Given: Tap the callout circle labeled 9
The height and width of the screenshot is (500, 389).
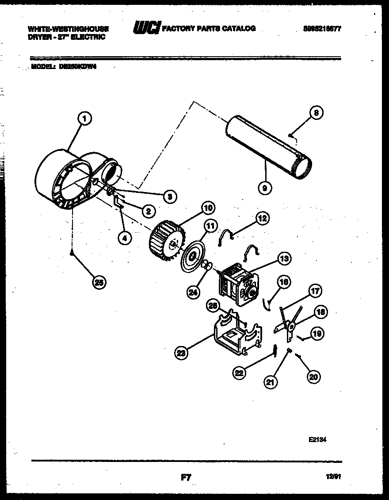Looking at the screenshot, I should pyautogui.click(x=265, y=188).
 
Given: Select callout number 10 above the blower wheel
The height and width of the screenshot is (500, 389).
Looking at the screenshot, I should pyautogui.click(x=208, y=207).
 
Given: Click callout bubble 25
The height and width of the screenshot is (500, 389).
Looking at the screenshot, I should pyautogui.click(x=100, y=282).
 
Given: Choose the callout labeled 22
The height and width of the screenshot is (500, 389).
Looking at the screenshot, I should pyautogui.click(x=240, y=373).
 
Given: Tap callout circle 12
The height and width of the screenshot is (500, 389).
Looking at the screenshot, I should pyautogui.click(x=262, y=218).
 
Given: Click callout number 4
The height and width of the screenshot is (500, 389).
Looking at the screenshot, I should pyautogui.click(x=125, y=238).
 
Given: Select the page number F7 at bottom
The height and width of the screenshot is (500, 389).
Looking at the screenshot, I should pyautogui.click(x=186, y=477).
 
